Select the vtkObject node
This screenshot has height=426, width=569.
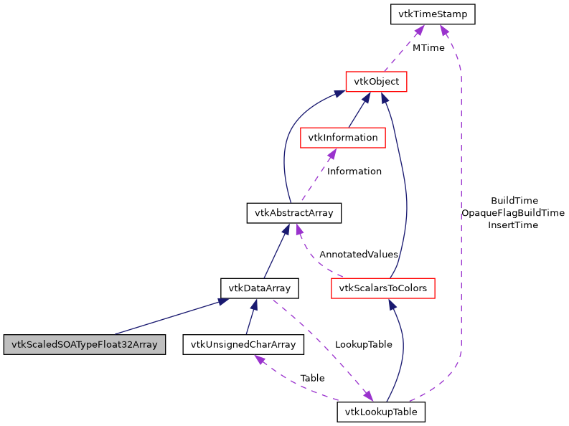pyautogui.click(x=377, y=82)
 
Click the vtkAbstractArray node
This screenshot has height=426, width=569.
pyautogui.click(x=294, y=213)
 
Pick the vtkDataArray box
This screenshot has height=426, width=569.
pyautogui.click(x=259, y=288)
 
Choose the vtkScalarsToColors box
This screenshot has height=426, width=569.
pyautogui.click(x=383, y=288)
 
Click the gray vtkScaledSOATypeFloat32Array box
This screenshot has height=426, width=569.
pyautogui.click(x=85, y=344)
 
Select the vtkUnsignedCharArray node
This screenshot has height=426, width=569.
pyautogui.click(x=243, y=344)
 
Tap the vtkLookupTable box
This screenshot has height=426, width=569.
pyautogui.click(x=382, y=412)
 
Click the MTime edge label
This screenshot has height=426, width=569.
pyautogui.click(x=428, y=48)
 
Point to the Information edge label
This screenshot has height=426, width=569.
pyautogui.click(x=354, y=171)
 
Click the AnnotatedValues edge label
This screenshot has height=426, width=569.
pyautogui.click(x=359, y=255)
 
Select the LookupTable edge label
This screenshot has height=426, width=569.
pyautogui.click(x=364, y=344)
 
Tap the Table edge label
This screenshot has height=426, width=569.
pyautogui.click(x=312, y=378)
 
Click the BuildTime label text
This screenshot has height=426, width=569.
pyautogui.click(x=514, y=201)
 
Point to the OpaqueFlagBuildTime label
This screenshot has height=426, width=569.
pyautogui.click(x=513, y=213)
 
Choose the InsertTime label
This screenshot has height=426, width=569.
pyautogui.click(x=513, y=225)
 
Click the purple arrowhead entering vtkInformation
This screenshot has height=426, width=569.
pyautogui.click(x=331, y=153)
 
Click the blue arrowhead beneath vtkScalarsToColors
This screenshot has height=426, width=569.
pyautogui.click(x=392, y=304)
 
